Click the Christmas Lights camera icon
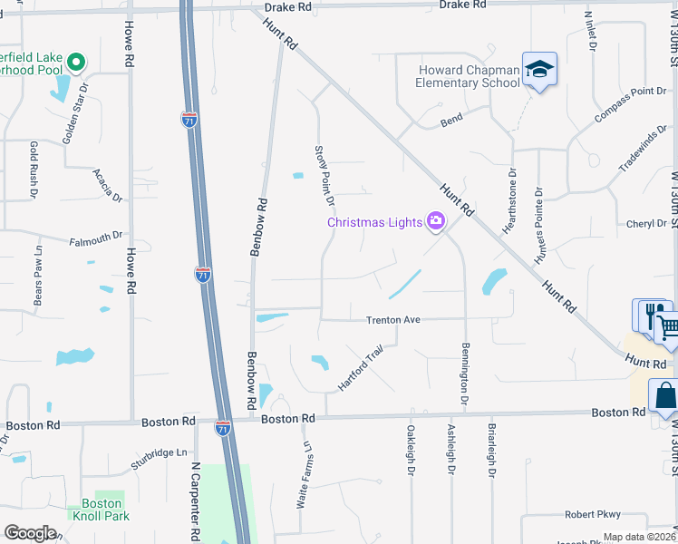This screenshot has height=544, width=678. (x=436, y=222)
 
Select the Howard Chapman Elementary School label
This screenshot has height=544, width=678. (x=469, y=77)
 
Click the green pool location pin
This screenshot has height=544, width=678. (x=77, y=63)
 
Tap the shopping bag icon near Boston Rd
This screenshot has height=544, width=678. (x=664, y=395)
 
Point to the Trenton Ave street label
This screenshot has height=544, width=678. (x=393, y=320)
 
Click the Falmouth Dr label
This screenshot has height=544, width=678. (x=95, y=238)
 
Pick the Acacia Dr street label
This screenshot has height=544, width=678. (x=107, y=184)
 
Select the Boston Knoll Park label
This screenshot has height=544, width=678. (x=102, y=510)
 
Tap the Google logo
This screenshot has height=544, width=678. (x=30, y=533)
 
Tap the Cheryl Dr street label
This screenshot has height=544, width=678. (x=646, y=224)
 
